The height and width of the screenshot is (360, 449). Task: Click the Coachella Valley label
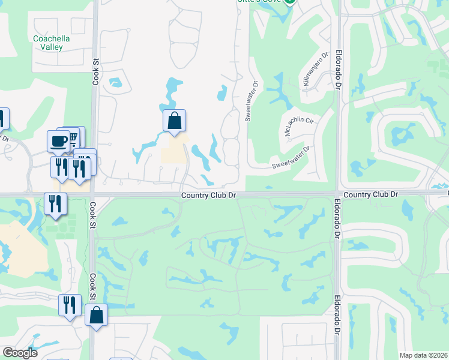52,43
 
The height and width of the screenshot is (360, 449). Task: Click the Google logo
19,353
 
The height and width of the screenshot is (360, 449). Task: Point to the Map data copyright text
423,355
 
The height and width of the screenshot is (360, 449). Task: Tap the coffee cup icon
58,141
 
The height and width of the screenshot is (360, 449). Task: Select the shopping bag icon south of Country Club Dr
96,315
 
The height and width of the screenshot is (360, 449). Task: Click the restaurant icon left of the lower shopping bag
70,305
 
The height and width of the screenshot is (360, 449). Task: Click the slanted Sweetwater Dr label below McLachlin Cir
291,157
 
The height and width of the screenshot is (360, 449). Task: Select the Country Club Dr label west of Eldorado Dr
210,195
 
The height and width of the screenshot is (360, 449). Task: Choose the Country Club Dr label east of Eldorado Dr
372,194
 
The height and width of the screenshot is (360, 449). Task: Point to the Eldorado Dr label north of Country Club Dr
338,70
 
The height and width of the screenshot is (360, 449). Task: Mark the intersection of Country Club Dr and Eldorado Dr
337,193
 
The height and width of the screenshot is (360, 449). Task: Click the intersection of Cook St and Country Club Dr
94,194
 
